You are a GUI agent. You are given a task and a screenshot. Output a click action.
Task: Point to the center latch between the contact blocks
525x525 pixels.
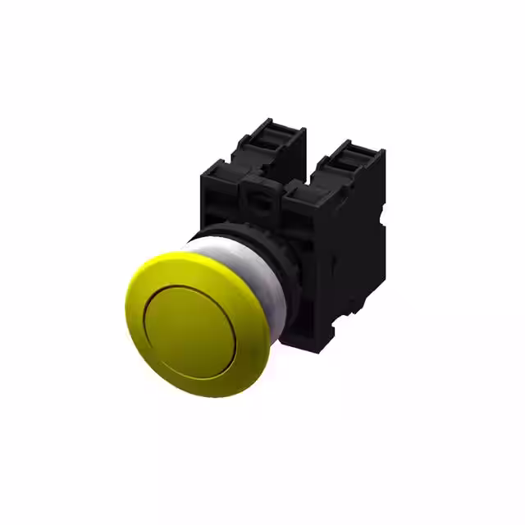pyautogui.click(x=260, y=197)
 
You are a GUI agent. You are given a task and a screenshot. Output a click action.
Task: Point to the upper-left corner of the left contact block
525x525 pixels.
pyautogui.click(x=202, y=168)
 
